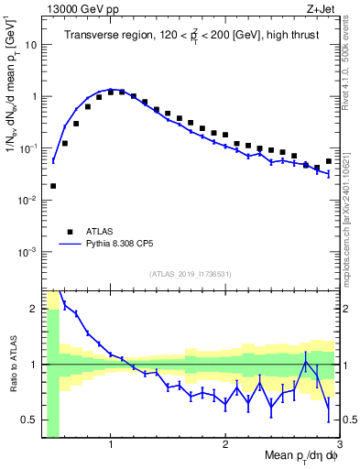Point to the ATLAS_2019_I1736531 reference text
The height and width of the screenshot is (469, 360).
click(x=191, y=274)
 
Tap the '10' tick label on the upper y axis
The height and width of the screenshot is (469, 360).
click(x=29, y=44)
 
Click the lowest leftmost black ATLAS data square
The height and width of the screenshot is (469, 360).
click(x=53, y=186)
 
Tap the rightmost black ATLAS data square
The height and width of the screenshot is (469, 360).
click(x=329, y=162)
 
